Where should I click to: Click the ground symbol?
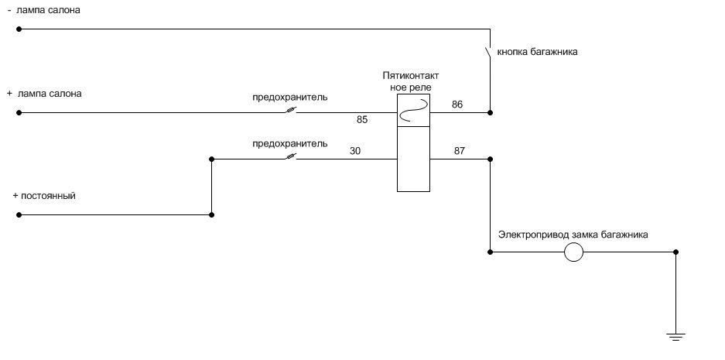click(675, 337)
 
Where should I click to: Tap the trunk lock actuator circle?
click(573, 252)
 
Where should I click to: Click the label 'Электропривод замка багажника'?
click(573, 235)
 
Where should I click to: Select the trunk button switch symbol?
click(487, 53)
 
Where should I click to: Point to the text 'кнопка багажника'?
click(537, 52)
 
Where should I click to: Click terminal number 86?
click(457, 105)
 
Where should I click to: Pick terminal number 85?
click(362, 120)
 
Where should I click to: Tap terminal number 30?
click(356, 151)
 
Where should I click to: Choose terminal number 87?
click(460, 151)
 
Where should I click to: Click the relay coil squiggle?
click(414, 111)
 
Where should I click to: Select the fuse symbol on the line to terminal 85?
click(291, 111)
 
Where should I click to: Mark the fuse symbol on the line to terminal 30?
click(291, 157)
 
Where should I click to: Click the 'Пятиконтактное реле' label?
click(411, 81)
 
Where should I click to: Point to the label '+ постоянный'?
click(44, 196)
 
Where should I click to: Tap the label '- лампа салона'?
click(44, 10)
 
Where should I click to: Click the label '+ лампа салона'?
click(44, 94)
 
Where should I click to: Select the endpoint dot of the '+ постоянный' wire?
click(19, 214)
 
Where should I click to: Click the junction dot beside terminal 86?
click(490, 112)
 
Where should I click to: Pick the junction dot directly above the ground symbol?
click(675, 252)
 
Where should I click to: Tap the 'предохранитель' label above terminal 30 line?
click(290, 143)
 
